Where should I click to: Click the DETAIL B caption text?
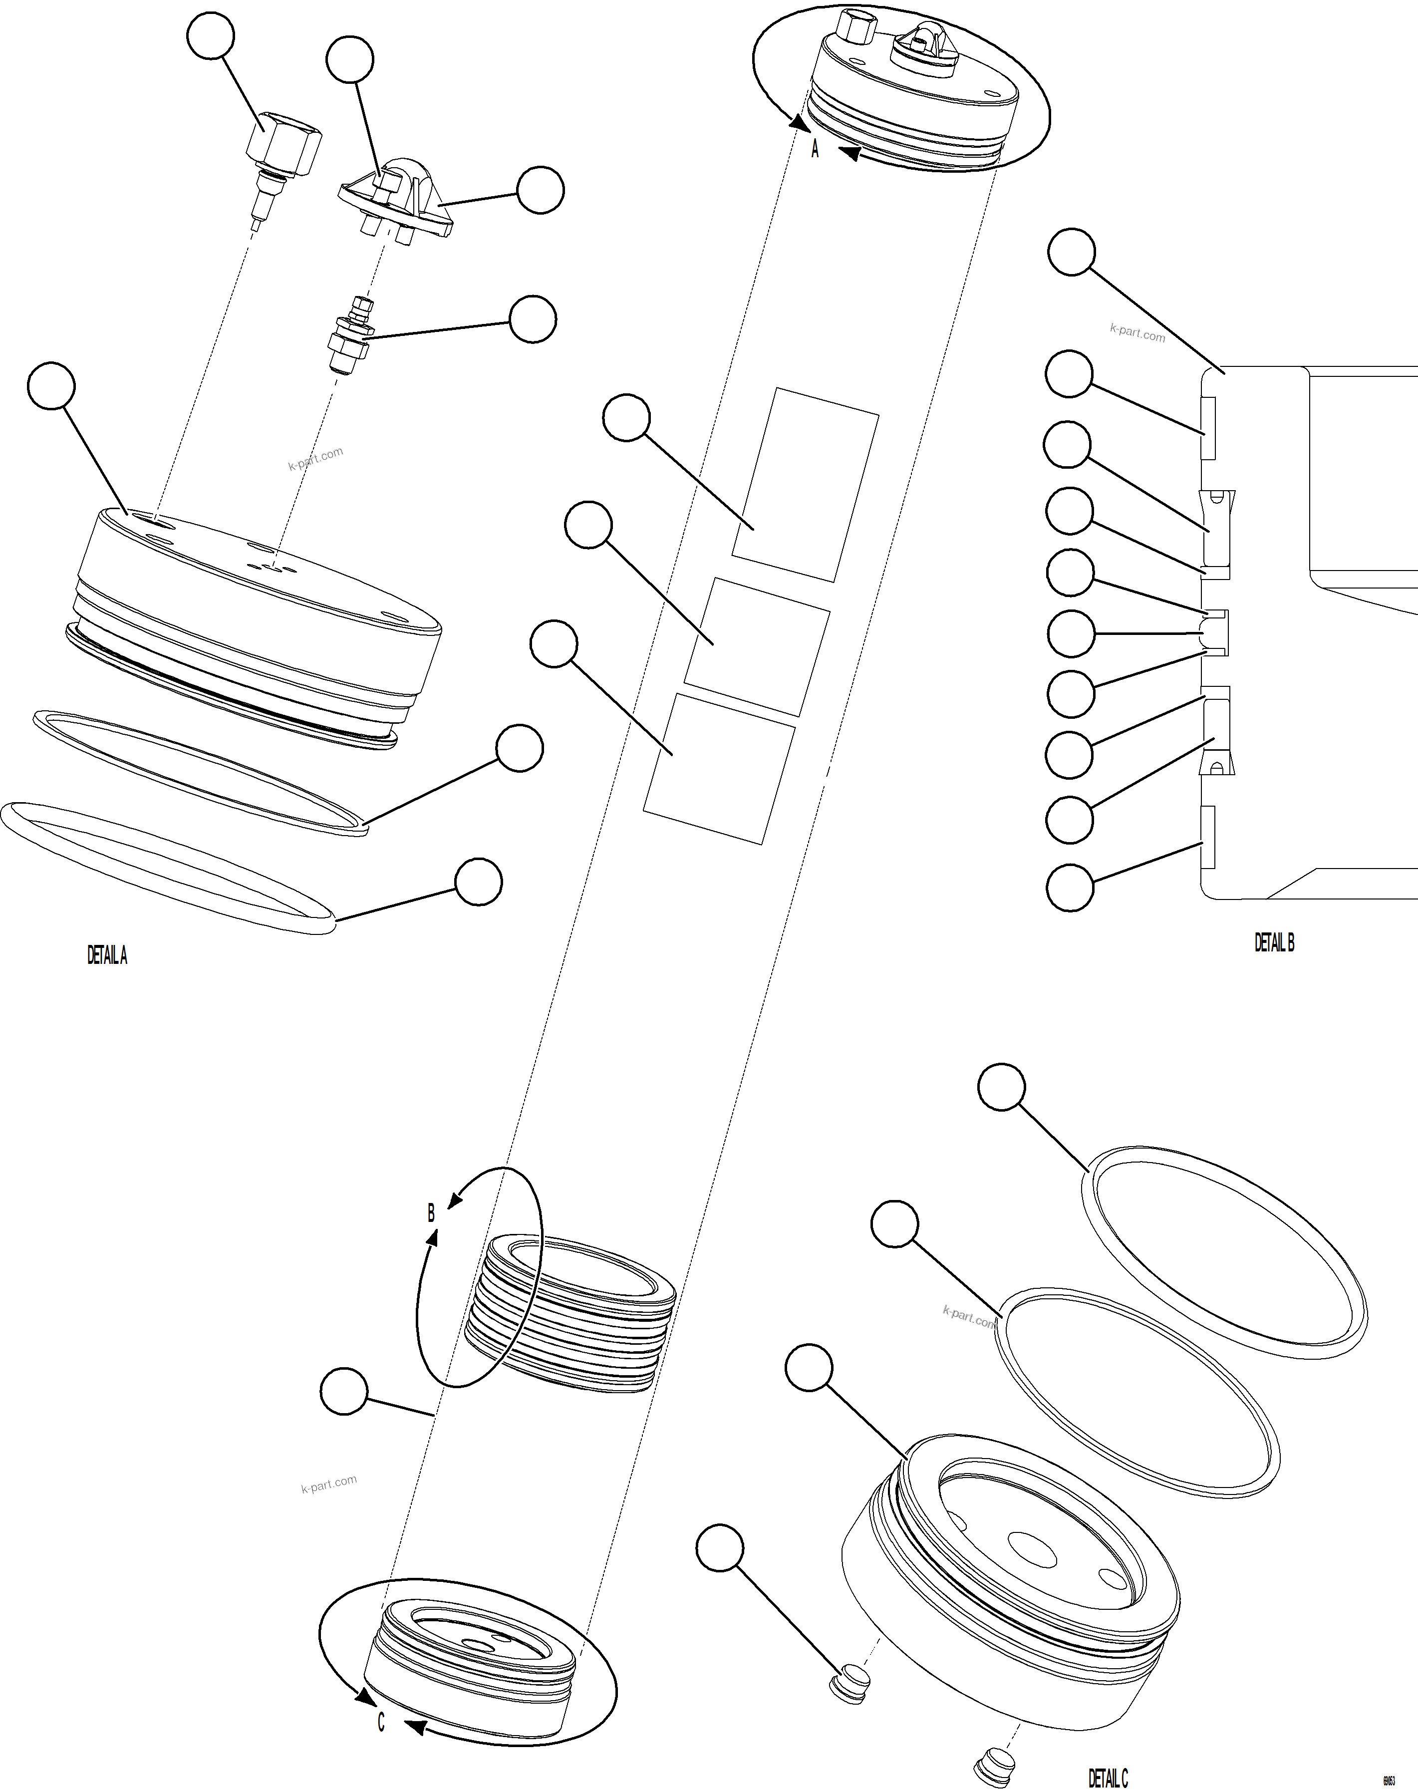[x=1274, y=942]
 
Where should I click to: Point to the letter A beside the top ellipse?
[x=815, y=149]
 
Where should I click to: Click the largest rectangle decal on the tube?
[x=805, y=484]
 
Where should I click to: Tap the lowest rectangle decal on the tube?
[x=719, y=769]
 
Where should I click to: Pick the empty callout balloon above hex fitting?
[x=211, y=36]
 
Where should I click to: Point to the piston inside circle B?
[x=573, y=1312]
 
